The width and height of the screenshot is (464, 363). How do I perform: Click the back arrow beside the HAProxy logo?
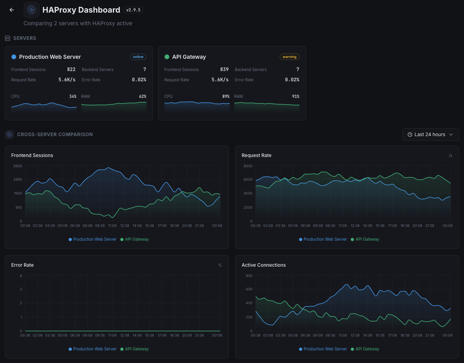[12, 10]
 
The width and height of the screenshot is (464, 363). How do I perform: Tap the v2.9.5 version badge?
[133, 10]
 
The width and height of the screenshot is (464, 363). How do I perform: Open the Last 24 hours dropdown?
[430, 135]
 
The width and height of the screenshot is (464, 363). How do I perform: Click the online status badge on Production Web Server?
[138, 57]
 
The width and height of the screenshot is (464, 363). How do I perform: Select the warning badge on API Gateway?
[289, 57]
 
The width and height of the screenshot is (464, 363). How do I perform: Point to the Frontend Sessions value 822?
[71, 69]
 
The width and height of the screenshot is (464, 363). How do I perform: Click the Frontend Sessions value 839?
[224, 69]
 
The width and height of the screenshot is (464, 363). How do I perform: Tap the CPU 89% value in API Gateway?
[226, 96]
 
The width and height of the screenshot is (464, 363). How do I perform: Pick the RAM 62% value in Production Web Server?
[142, 96]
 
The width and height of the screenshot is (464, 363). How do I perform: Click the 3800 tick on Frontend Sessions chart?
[17, 166]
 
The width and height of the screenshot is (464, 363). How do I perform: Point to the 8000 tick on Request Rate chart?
[248, 166]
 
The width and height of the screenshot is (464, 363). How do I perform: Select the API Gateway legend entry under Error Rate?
[135, 349]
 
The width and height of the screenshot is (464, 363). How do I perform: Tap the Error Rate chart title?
[22, 265]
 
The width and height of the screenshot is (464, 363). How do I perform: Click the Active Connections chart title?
[264, 265]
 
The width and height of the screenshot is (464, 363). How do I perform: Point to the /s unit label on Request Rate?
[450, 155]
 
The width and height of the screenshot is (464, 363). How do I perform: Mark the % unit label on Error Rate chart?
[220, 265]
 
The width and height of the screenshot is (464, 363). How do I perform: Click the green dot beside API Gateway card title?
[167, 57]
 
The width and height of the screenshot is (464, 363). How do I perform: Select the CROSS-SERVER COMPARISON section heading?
[55, 135]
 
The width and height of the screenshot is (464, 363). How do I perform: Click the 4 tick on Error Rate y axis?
[21, 275]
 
